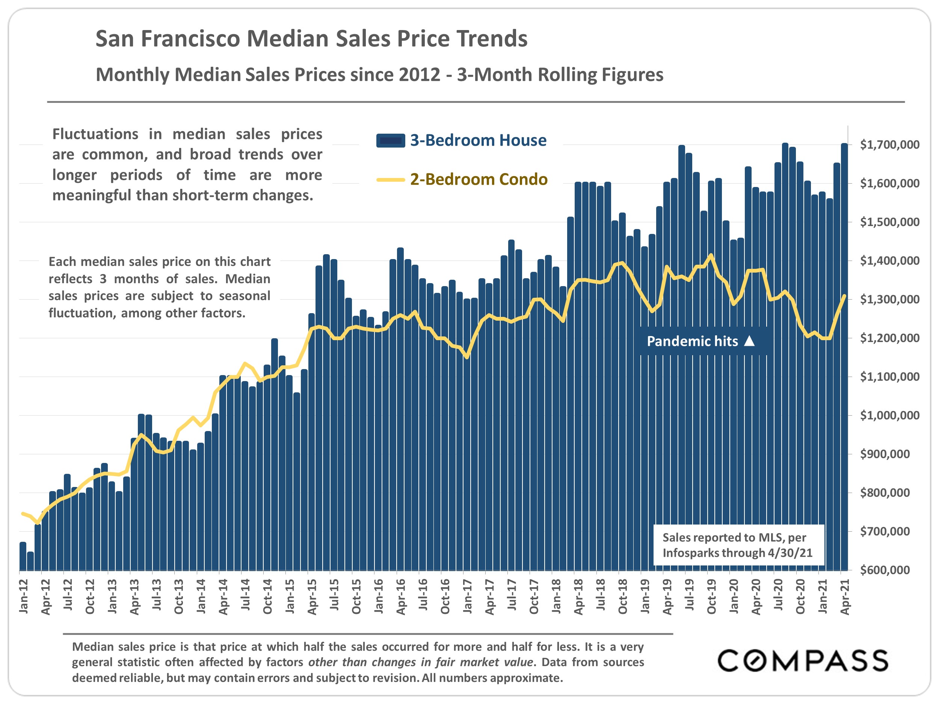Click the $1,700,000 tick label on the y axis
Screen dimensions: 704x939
coord(889,145)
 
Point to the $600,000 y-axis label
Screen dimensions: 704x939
coord(885,570)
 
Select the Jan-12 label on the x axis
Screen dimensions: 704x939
coord(24,596)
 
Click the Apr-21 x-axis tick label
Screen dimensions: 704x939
coord(845,596)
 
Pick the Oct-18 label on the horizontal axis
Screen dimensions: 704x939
coord(623,596)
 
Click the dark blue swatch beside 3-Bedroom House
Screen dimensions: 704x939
coord(390,140)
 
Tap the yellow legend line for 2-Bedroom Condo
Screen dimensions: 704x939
coord(390,180)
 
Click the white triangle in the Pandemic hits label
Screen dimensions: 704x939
coord(750,341)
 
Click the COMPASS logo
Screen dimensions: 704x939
coord(803,661)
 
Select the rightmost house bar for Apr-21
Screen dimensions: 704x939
coord(844,356)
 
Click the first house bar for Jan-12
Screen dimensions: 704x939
coord(23,556)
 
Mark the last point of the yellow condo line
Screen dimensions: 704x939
coord(844,296)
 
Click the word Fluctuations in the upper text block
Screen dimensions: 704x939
coord(95,134)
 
